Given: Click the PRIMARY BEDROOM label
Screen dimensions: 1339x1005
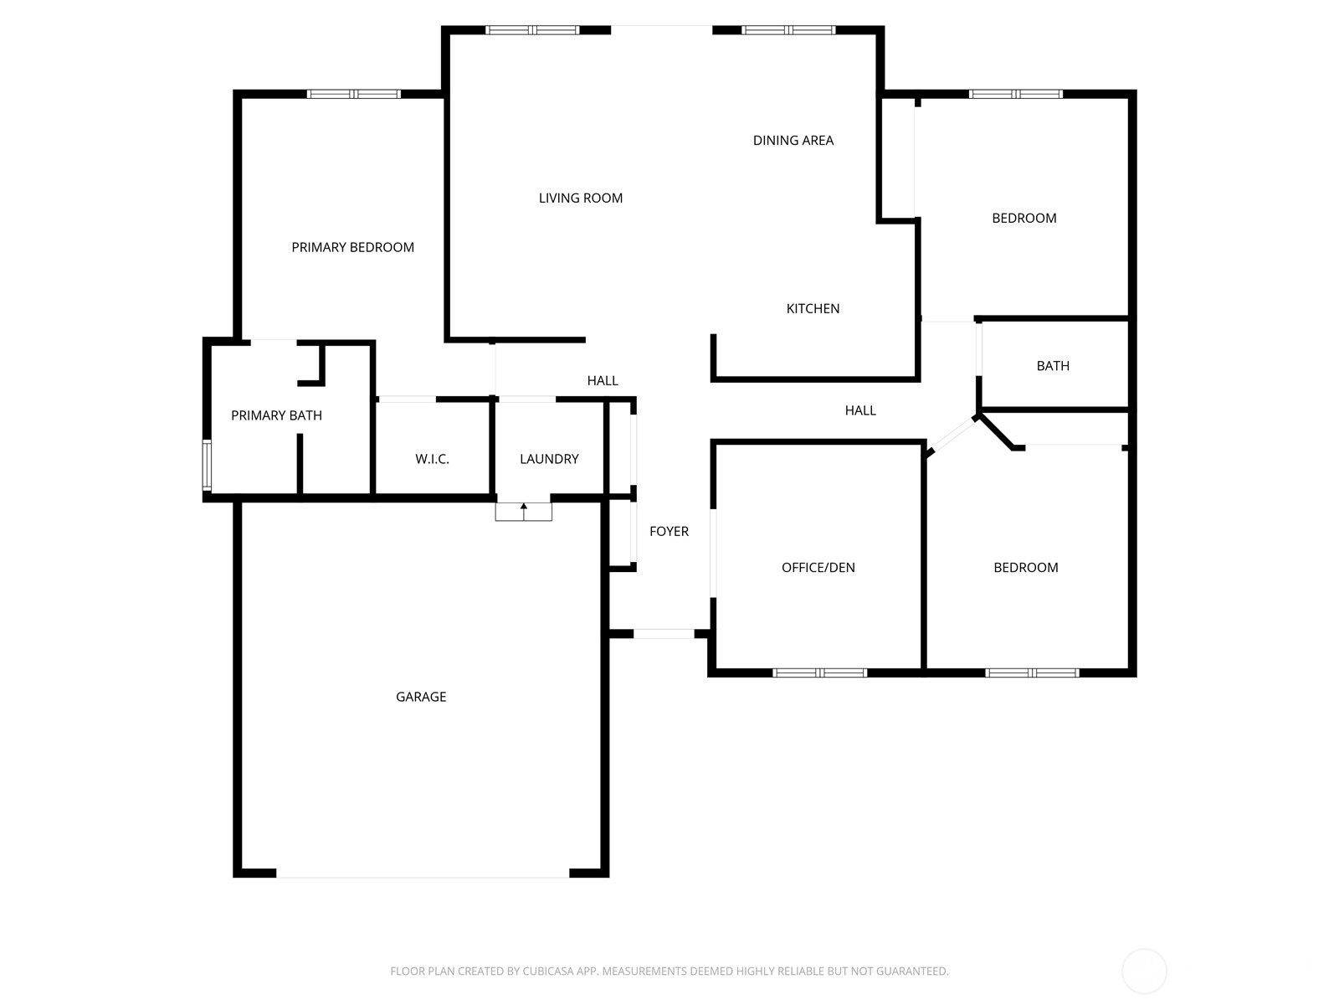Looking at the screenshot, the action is click(352, 247).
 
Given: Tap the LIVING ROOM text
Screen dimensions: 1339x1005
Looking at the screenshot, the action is click(580, 198).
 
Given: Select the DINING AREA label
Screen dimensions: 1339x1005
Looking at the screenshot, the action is click(793, 141).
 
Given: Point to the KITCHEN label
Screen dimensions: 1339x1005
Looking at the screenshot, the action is click(813, 309).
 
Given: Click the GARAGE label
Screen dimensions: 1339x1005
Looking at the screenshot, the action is click(421, 697).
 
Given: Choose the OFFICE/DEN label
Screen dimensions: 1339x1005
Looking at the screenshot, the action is click(818, 568).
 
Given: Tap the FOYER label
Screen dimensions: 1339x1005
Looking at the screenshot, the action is click(669, 532).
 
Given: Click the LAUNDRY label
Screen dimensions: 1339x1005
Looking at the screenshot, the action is click(549, 459).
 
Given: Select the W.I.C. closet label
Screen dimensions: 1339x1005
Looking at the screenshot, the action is click(432, 459).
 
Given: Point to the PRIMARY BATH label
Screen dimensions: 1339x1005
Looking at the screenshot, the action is click(276, 415).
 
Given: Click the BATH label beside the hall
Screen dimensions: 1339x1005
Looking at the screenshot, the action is click(1053, 366).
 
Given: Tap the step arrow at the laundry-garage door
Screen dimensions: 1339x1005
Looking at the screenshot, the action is click(523, 512).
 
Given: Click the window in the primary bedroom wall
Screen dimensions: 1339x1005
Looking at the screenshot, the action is click(354, 94).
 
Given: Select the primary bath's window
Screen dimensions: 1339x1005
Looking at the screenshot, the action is click(207, 465).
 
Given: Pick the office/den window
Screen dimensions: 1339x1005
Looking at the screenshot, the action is click(820, 673).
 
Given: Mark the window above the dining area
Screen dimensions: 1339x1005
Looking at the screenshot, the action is click(788, 30).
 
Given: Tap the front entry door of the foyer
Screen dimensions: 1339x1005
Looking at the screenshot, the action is click(664, 634).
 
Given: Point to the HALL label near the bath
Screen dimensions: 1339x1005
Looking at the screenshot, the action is click(860, 410).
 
